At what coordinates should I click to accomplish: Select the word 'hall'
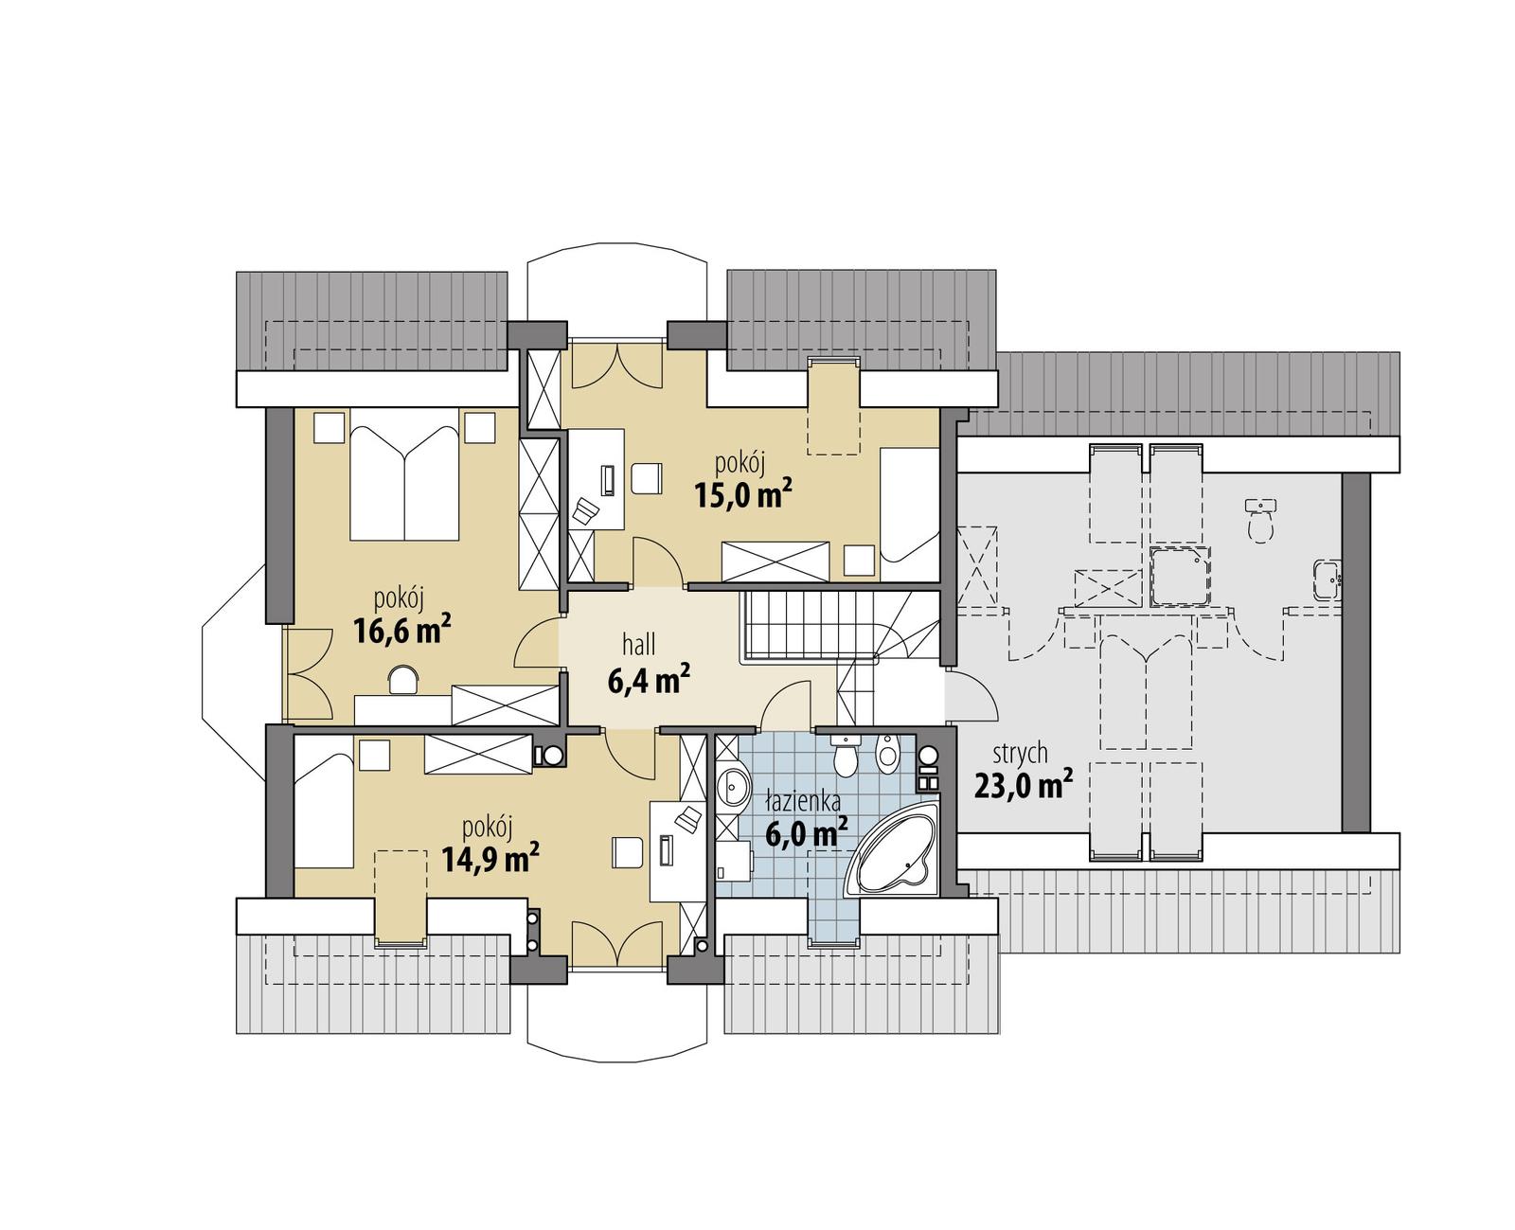coord(639,646)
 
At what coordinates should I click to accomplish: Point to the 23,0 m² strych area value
coord(1023,785)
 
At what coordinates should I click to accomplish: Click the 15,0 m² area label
coord(742,493)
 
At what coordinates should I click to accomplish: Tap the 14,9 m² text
coord(490,859)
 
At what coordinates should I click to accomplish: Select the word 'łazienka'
coord(803,802)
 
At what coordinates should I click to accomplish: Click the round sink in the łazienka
coord(732,786)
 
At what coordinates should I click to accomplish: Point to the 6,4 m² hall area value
coord(648,679)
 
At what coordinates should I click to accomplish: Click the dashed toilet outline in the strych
coord(1260,520)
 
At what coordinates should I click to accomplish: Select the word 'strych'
coord(1020,754)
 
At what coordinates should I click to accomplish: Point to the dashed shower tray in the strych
coord(1180,575)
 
